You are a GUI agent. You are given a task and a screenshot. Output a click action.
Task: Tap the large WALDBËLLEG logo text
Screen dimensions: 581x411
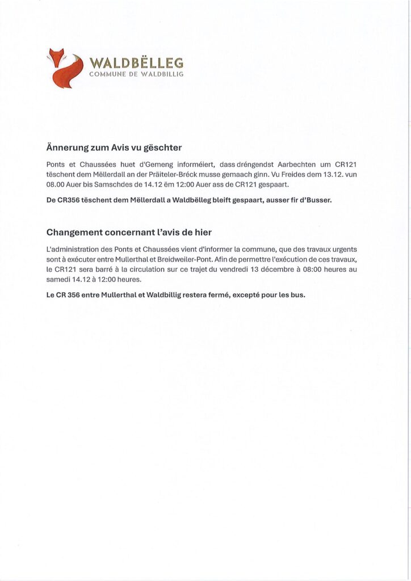pos(136,62)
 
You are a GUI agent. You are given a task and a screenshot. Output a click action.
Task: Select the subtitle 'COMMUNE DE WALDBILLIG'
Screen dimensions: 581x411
pos(136,75)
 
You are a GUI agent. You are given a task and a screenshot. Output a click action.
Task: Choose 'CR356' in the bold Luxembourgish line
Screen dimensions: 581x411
pos(69,200)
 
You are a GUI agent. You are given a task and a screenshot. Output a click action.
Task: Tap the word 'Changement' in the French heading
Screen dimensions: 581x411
pos(76,232)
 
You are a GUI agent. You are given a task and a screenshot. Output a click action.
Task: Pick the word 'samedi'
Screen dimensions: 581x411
pos(58,280)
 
